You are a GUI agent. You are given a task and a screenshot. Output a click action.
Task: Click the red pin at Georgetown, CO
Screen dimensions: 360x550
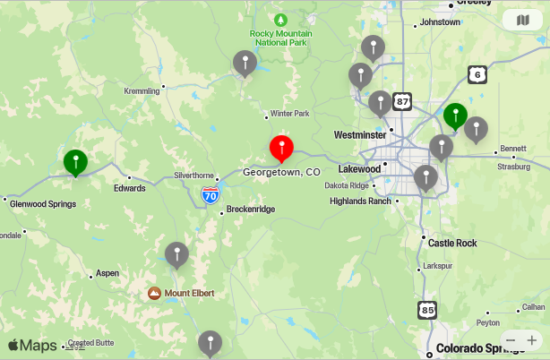(282, 149)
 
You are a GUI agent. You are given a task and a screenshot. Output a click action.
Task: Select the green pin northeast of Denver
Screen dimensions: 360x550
(455, 116)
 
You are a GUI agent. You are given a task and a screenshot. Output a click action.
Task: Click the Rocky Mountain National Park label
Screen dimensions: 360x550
(279, 36)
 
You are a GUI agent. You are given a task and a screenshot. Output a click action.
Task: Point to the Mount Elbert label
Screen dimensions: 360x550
(188, 293)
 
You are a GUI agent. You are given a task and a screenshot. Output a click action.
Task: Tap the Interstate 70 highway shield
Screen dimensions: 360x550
(210, 194)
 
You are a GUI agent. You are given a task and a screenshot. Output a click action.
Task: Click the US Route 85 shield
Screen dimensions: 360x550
(427, 310)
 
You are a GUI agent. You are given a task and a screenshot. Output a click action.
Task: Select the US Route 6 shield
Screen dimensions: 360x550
(478, 75)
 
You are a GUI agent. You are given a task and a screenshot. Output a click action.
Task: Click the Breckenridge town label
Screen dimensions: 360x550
(250, 209)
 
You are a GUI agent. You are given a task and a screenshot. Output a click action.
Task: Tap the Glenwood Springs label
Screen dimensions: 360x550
(43, 203)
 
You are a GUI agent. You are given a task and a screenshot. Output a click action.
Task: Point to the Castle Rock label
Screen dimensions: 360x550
(452, 243)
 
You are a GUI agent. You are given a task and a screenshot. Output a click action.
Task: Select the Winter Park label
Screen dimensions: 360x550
(289, 114)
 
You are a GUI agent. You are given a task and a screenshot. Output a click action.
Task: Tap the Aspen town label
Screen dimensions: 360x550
(107, 272)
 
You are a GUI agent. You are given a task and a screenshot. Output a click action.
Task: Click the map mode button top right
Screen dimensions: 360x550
(522, 21)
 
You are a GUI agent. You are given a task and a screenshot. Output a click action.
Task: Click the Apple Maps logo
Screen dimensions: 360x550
(32, 346)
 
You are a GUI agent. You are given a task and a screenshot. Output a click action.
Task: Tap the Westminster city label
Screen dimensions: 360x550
(359, 134)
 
